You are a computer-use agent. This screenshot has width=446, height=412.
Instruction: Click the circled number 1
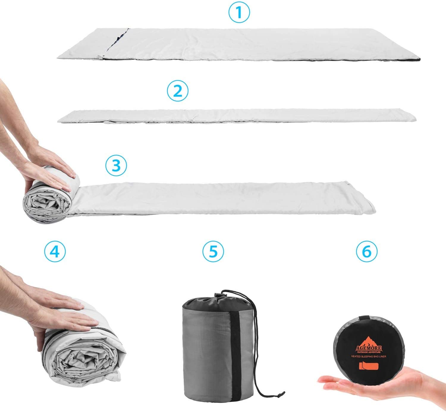239,13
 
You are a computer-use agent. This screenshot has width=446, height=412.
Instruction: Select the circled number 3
116,165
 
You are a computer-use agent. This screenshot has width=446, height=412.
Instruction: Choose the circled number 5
213,251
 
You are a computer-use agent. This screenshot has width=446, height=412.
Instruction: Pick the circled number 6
367,251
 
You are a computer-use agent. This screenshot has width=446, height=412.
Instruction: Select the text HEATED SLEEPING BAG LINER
369,356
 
